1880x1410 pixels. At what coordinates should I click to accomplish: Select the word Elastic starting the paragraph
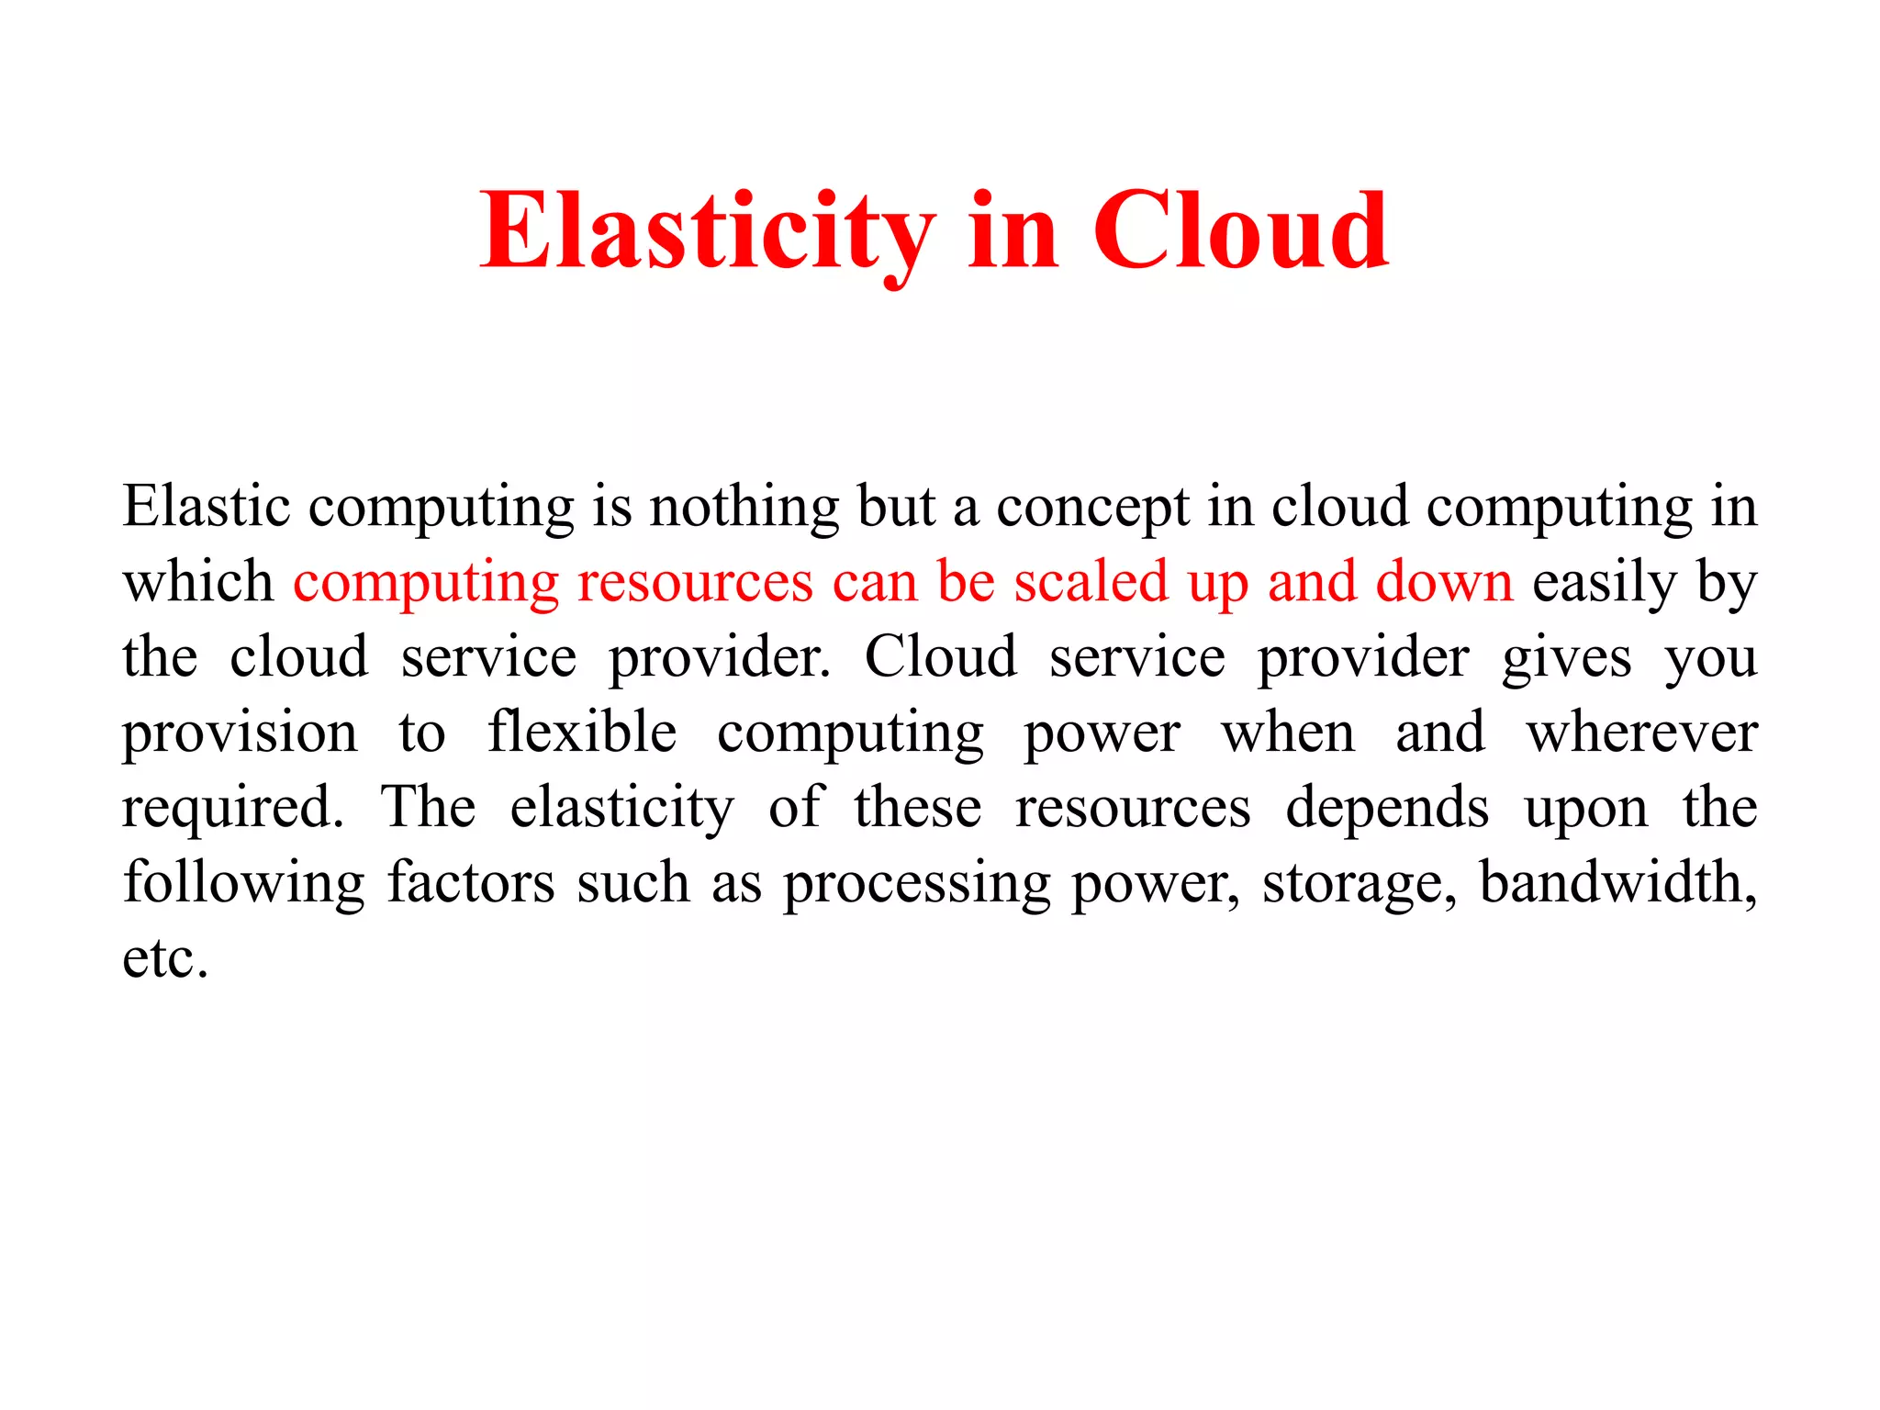tap(207, 506)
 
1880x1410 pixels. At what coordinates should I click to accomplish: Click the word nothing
tap(744, 508)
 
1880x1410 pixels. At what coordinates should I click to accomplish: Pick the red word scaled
tap(1091, 582)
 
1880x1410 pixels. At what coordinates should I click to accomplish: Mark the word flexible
tap(582, 733)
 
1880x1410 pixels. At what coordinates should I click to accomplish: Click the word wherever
tap(1641, 733)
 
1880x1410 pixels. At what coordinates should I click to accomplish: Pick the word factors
tap(471, 883)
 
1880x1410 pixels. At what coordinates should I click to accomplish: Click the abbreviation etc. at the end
tap(165, 958)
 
